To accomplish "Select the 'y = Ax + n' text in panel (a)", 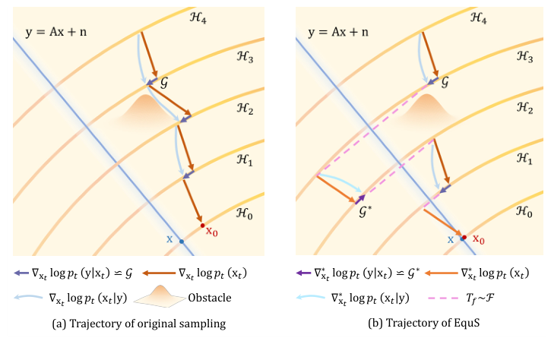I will pos(50,33).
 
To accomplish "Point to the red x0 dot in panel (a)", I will pos(201,226).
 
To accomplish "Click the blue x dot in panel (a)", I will pos(182,242).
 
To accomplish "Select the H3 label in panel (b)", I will pos(524,55).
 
